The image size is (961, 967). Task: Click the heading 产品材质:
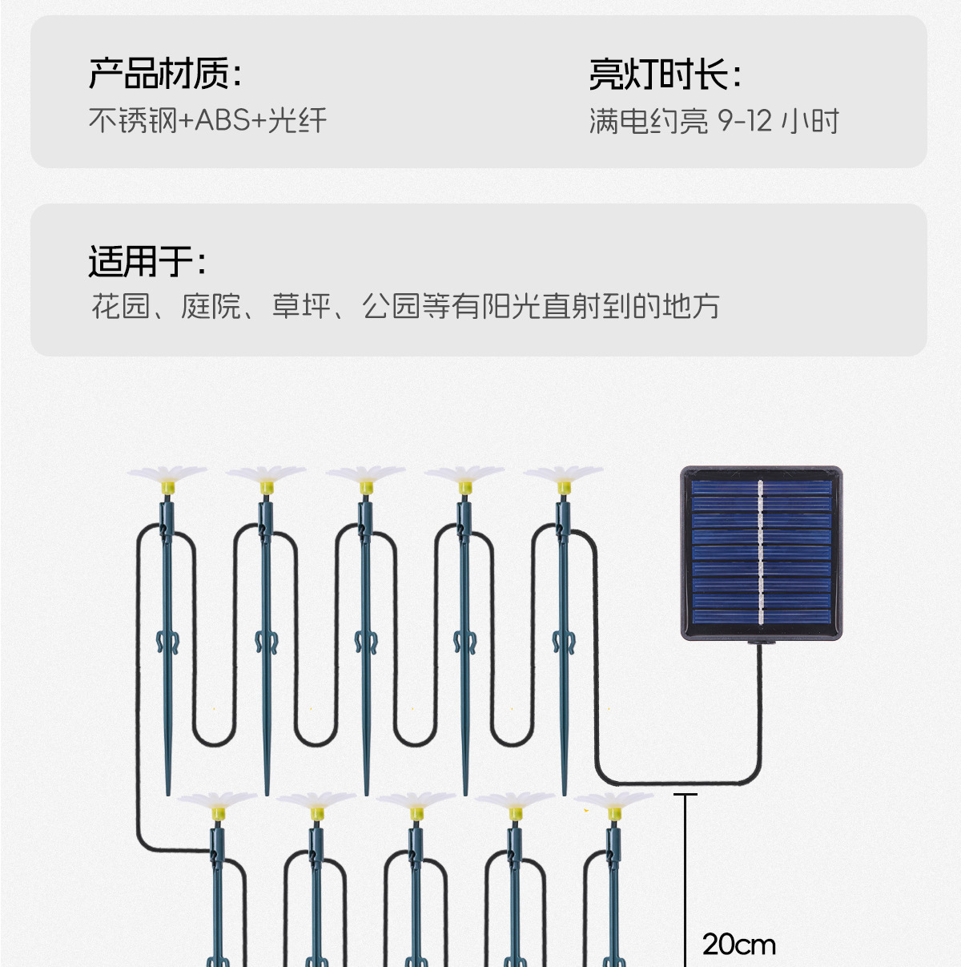[165, 74]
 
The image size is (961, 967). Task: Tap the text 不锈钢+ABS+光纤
[207, 121]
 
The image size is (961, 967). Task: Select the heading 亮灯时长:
[665, 75]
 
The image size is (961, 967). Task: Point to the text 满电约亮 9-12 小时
[714, 121]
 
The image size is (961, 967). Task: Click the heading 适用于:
[147, 261]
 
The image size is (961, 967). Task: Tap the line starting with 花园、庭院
[405, 306]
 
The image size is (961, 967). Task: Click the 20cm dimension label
[738, 945]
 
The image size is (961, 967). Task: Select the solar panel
[761, 554]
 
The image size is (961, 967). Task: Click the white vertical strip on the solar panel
[760, 553]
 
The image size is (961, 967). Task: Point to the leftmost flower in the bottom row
[217, 804]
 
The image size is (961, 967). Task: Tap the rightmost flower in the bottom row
[613, 804]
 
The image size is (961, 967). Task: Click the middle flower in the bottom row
[416, 804]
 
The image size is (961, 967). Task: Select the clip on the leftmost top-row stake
[167, 642]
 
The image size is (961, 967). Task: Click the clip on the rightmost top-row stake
[563, 642]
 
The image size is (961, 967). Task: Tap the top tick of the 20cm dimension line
[686, 795]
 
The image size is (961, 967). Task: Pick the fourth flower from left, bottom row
[514, 804]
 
